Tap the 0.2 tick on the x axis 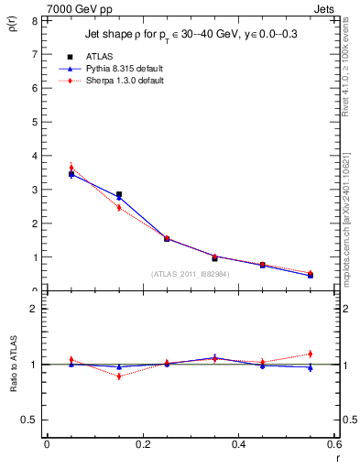(x=142, y=444)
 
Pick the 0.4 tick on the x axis (x=238, y=444)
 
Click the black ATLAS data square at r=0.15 (x=119, y=195)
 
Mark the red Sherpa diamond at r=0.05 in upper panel (x=71, y=168)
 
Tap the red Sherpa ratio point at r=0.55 (x=311, y=354)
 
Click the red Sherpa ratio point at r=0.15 (x=119, y=376)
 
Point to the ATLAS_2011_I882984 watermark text (x=190, y=273)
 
